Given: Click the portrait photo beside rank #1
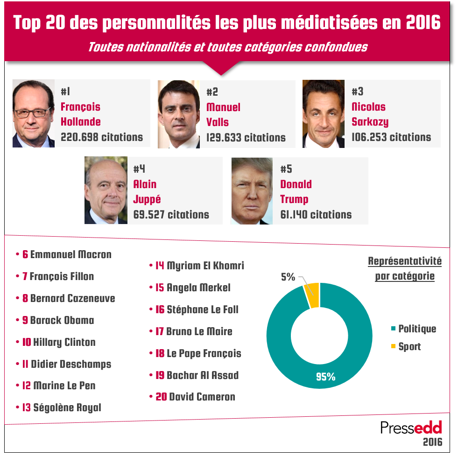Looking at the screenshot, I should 33,114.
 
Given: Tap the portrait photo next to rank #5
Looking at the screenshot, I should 252,190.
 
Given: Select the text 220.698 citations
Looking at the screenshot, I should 102,137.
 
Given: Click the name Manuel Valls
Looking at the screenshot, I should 223,114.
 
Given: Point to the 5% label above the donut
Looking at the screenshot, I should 288,277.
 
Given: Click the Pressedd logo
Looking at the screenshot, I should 411,428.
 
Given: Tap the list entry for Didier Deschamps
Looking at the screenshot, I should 66,364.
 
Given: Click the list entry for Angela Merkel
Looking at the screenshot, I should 193,288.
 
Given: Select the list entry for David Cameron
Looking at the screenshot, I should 195,397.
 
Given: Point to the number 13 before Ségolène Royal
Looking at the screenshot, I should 27,408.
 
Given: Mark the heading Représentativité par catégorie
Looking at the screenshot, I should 405,268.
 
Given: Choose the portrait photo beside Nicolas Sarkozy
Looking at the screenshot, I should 324,114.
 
